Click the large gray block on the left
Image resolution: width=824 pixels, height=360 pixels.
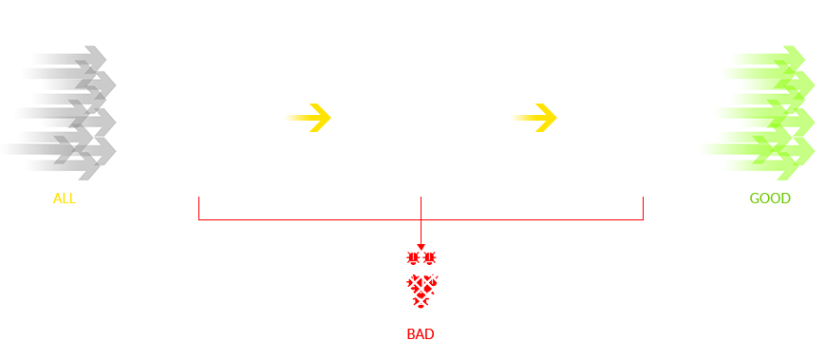(x=55, y=112)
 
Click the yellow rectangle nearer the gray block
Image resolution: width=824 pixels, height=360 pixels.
(x=309, y=118)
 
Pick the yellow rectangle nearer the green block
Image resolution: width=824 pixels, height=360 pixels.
(x=534, y=118)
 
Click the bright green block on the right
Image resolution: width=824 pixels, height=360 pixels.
(x=754, y=112)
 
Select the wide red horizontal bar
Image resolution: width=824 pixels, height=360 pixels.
(x=421, y=223)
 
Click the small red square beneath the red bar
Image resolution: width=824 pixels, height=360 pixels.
(x=421, y=258)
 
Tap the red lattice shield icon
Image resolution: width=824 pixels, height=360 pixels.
(x=421, y=291)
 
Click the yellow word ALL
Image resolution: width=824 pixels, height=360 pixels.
(x=64, y=199)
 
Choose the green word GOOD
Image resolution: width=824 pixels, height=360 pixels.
(x=770, y=199)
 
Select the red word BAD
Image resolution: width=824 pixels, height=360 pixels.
(x=421, y=334)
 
